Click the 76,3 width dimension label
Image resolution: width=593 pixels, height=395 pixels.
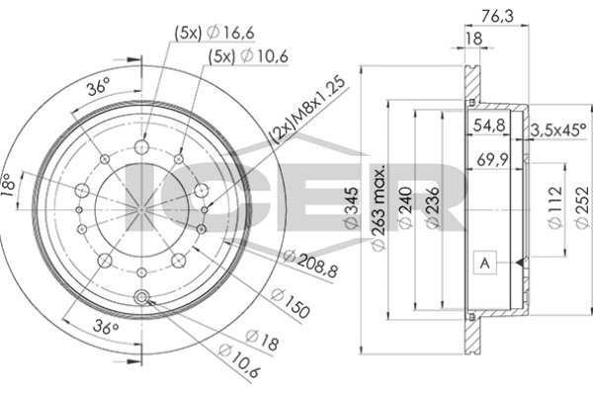[497, 16]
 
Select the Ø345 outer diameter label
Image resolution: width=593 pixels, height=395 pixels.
[351, 208]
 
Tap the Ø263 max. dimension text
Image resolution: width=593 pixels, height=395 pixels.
[379, 207]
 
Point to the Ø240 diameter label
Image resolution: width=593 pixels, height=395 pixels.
[405, 208]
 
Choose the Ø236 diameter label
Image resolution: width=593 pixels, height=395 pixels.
[432, 208]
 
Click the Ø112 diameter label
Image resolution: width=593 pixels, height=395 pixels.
[555, 207]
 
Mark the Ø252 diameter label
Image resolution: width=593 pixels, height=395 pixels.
[583, 207]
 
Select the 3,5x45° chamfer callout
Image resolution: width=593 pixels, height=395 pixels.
[558, 130]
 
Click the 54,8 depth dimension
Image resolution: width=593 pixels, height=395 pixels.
[489, 124]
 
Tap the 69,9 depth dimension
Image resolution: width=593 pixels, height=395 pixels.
[491, 160]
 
